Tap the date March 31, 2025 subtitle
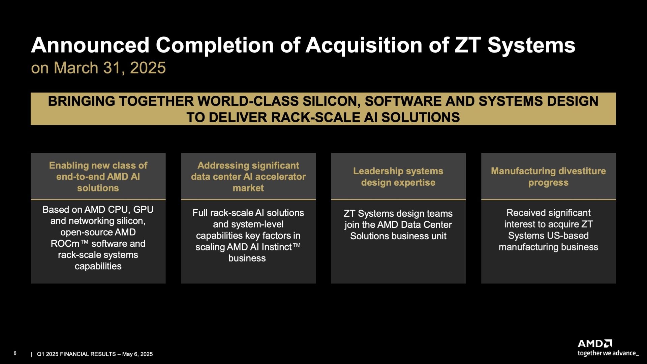(110, 68)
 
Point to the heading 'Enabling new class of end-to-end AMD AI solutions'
(98, 177)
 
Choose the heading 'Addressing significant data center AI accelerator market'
(248, 177)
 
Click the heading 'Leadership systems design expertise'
(398, 177)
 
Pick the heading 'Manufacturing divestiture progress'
(548, 177)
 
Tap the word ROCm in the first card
(65, 244)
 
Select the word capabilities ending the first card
(98, 267)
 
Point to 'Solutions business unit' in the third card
(398, 236)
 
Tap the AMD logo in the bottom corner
(595, 343)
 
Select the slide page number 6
(15, 353)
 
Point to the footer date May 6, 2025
(137, 354)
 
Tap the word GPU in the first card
(143, 210)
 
